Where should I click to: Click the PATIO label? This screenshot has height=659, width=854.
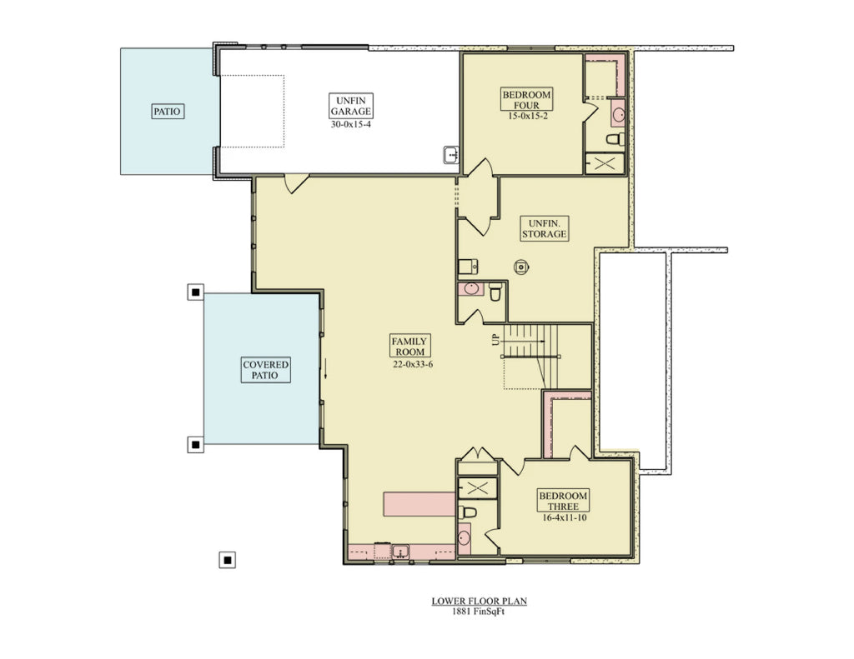click(168, 111)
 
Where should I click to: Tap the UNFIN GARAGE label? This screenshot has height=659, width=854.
click(350, 106)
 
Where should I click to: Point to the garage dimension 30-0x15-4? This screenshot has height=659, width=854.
click(350, 124)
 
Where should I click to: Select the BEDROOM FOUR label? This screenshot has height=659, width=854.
click(526, 100)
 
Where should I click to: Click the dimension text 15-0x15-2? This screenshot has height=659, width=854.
click(526, 117)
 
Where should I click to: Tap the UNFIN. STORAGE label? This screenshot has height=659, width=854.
click(545, 228)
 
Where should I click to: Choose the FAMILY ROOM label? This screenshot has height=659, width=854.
click(410, 347)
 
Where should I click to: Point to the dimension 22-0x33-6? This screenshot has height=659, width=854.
click(410, 365)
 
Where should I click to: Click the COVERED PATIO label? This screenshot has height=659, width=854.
click(266, 370)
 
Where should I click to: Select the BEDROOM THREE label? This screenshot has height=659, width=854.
click(563, 501)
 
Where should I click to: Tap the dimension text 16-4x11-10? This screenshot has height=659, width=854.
click(563, 518)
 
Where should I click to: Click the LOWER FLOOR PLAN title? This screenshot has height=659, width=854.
click(480, 601)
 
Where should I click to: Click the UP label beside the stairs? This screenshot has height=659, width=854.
click(495, 340)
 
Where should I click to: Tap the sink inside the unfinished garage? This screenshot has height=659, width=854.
click(451, 155)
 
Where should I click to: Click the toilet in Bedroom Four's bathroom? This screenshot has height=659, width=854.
click(615, 139)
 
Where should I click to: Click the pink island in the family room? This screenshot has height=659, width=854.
click(419, 503)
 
